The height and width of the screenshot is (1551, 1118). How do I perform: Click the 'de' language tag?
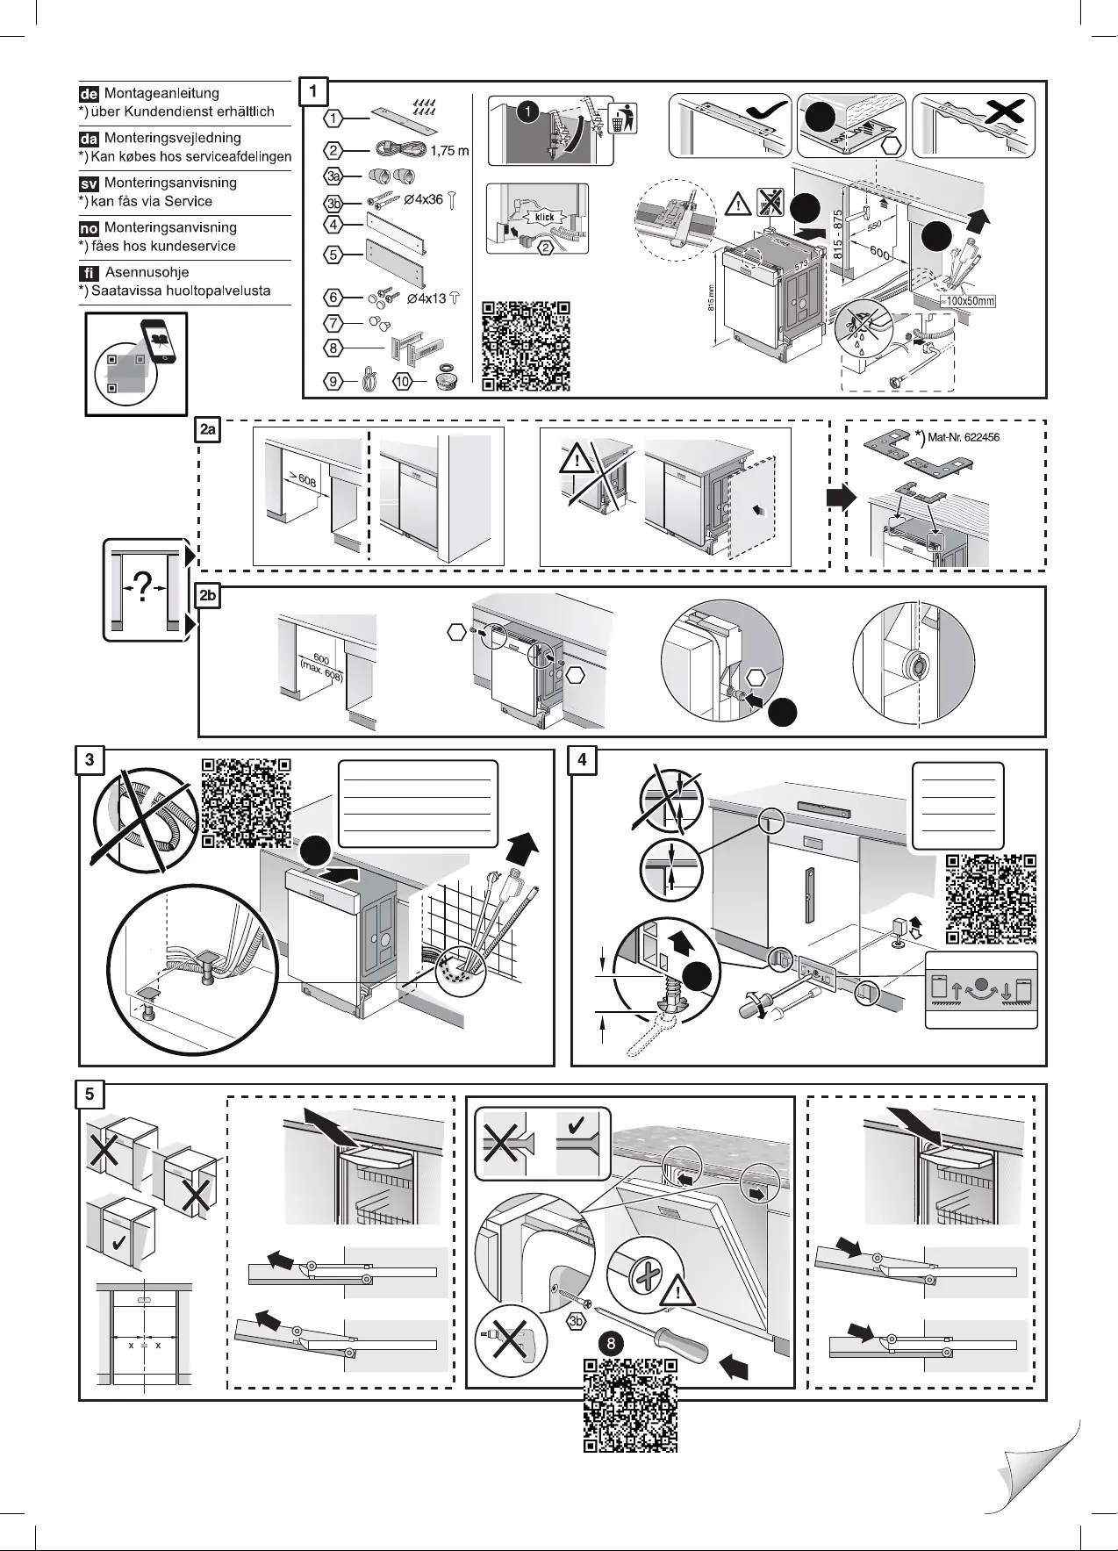pyautogui.click(x=90, y=94)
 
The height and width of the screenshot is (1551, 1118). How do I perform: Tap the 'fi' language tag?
pyautogui.click(x=90, y=273)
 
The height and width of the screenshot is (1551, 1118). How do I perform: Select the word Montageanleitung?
pyautogui.click(x=161, y=93)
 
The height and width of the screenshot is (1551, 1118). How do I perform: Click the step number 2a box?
pyautogui.click(x=208, y=430)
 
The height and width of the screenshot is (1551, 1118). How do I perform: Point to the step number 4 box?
pyautogui.click(x=582, y=760)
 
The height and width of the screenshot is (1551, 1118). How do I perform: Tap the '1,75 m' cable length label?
pyautogui.click(x=450, y=151)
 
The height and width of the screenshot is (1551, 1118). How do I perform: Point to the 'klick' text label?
pyautogui.click(x=544, y=217)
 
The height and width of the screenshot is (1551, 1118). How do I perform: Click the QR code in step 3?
pyautogui.click(x=246, y=802)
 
